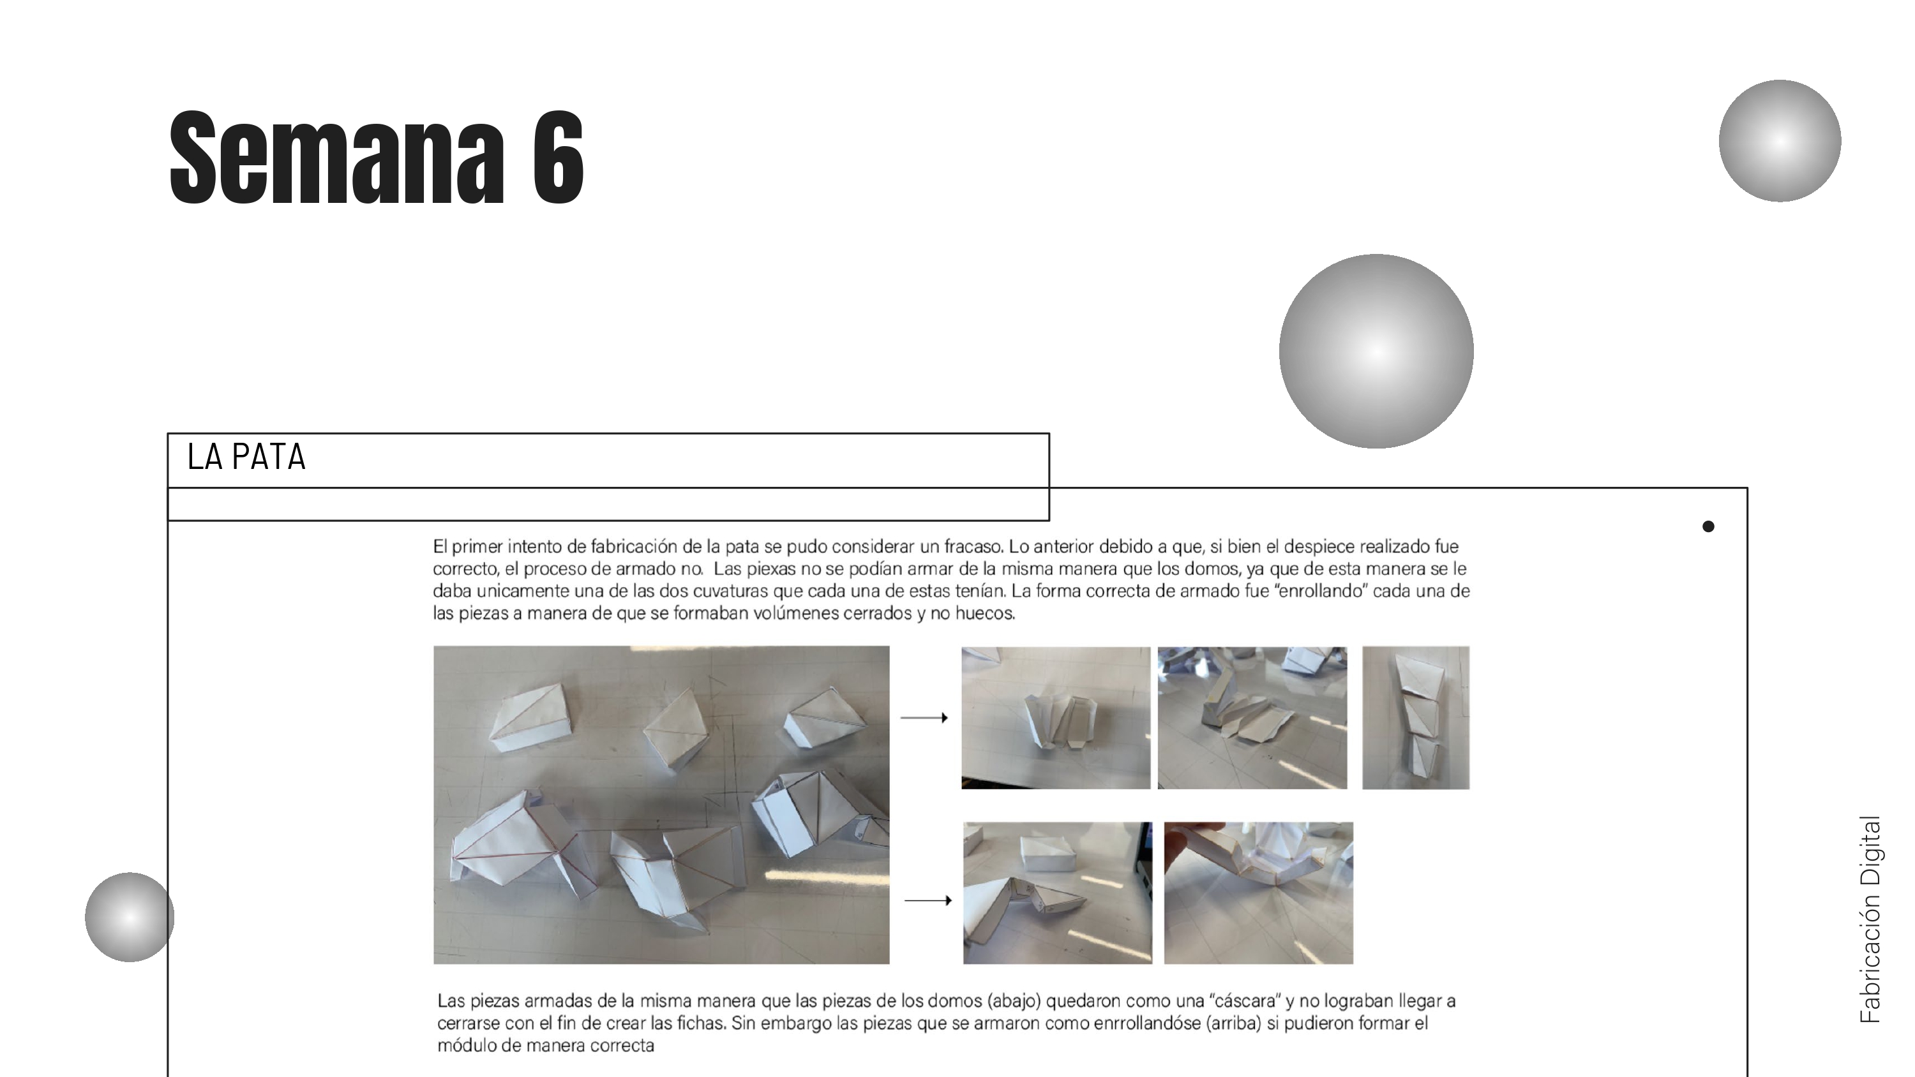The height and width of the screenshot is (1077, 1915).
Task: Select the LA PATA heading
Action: pos(246,457)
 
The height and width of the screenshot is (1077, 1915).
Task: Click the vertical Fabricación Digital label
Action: pos(1870,919)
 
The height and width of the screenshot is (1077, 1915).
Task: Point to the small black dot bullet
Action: pos(1708,526)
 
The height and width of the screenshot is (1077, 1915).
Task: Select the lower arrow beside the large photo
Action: pos(927,900)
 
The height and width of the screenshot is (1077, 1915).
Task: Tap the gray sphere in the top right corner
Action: pos(1780,140)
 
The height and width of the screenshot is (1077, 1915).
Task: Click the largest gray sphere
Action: pos(1376,351)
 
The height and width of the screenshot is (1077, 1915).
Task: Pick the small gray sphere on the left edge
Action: pos(130,917)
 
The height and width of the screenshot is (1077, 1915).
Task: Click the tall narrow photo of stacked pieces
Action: pos(1415,717)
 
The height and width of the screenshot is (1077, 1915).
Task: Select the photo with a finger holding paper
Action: pos(1258,893)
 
